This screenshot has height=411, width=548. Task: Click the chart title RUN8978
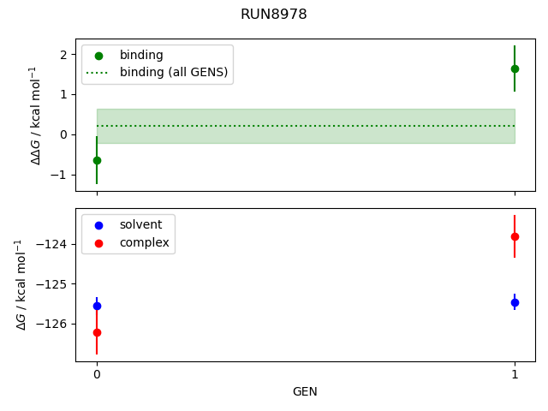(x=274, y=15)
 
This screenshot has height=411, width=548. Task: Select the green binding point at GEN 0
(x=97, y=160)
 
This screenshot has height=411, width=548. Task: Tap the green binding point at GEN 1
(x=515, y=68)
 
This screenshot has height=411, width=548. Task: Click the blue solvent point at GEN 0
(x=97, y=306)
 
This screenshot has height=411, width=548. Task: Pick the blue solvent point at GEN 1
(x=515, y=302)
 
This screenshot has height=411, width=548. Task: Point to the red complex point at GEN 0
(x=97, y=332)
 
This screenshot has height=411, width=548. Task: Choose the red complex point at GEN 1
(x=515, y=236)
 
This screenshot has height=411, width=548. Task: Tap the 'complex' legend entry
(x=144, y=243)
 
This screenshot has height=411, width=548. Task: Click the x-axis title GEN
(x=305, y=391)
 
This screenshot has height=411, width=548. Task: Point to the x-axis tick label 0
(x=97, y=374)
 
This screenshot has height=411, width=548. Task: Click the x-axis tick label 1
(x=515, y=374)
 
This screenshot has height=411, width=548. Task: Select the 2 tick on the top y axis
(x=63, y=55)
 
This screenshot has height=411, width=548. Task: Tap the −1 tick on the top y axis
(x=60, y=175)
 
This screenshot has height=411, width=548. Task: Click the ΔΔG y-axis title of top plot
(x=35, y=115)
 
